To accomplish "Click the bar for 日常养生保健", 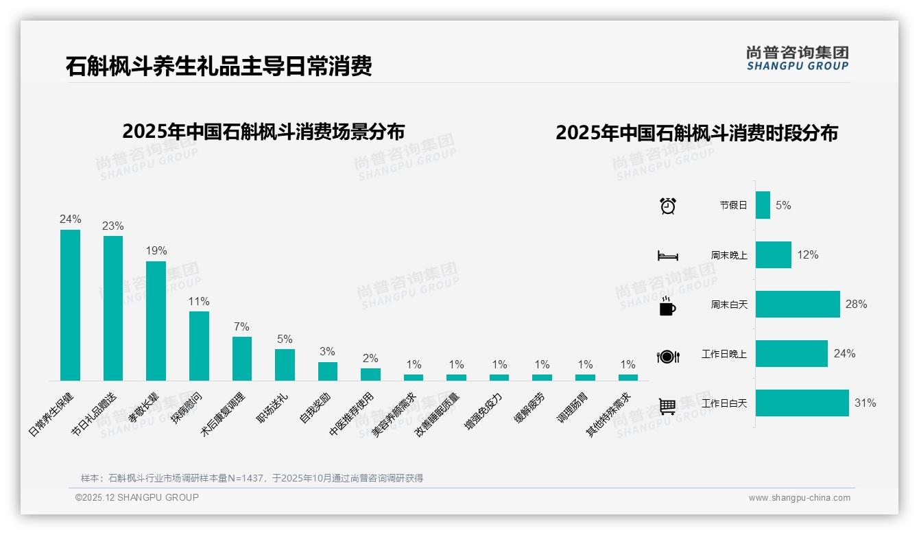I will [x=70, y=305].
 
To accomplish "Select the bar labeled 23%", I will [x=113, y=308].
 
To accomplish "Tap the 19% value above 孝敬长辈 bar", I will [x=156, y=251].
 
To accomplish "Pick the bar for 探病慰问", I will [x=199, y=346].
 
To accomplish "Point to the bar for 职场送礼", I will [x=285, y=365].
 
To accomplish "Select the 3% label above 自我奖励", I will [x=327, y=352].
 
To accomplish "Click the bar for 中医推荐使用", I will [x=370, y=374].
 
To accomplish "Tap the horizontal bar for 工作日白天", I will [x=802, y=403].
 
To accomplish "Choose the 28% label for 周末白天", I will [x=856, y=305].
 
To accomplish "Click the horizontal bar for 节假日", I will [x=763, y=205].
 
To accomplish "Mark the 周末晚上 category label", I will [x=729, y=255].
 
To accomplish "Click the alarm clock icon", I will [x=668, y=206].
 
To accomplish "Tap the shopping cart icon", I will [x=667, y=406].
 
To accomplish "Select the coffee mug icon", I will [x=667, y=307].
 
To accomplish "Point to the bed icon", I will [x=667, y=256].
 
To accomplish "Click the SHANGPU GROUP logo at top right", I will [x=797, y=58].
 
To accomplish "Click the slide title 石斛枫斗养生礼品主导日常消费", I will [x=219, y=67].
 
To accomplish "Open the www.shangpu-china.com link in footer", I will [x=799, y=498].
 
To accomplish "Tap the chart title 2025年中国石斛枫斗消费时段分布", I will [x=697, y=133].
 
